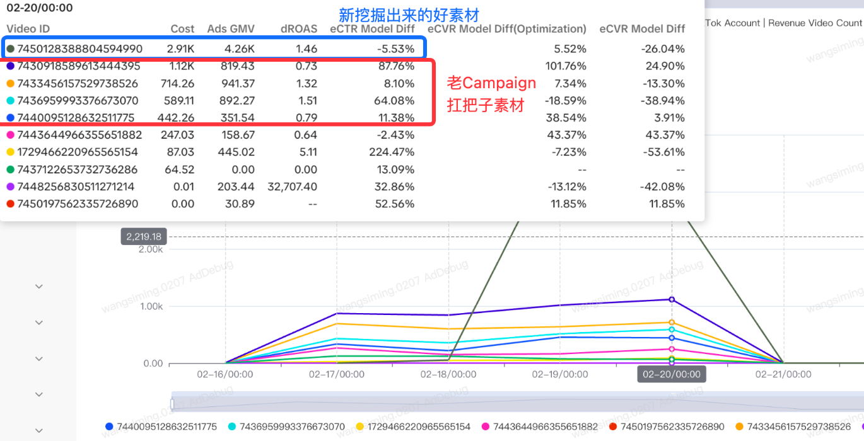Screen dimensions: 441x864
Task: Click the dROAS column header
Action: (299, 29)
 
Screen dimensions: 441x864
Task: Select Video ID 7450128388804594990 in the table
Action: (80, 49)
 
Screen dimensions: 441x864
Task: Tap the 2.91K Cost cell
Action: (181, 49)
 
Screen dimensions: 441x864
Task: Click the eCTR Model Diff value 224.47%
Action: (392, 152)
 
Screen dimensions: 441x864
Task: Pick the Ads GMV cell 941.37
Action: (236, 83)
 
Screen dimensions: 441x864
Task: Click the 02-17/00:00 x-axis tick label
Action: (337, 374)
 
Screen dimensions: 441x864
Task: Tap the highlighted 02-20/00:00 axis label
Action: (672, 374)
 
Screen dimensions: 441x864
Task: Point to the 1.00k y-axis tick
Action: (151, 306)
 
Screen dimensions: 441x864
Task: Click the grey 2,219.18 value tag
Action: (144, 237)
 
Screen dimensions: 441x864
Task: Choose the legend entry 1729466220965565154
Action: (419, 427)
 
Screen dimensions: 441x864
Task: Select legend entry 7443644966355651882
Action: (546, 427)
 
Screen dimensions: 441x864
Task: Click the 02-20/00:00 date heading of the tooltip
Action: (39, 8)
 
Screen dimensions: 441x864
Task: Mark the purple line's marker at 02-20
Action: (672, 299)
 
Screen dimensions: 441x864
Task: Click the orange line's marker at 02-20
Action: (672, 322)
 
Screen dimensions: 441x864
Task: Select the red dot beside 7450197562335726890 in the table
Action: (10, 203)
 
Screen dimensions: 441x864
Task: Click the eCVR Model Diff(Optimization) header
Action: (507, 29)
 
